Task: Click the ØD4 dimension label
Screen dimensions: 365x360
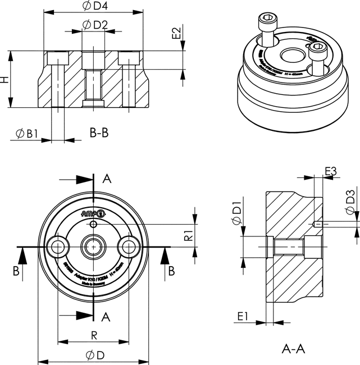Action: pos(94,7)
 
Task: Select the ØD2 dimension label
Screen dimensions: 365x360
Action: pos(94,25)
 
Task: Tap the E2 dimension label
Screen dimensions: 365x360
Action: pos(176,33)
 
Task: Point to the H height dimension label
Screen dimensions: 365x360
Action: pos(6,79)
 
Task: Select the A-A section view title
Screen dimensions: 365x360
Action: pos(293,349)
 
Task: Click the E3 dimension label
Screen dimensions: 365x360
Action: pos(330,170)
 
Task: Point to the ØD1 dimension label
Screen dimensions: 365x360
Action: pos(236,214)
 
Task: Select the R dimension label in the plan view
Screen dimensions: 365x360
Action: pos(94,335)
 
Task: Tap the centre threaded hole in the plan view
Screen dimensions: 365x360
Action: pos(92,245)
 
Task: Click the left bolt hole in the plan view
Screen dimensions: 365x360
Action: pos(57,245)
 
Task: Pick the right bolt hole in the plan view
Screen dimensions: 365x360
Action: pos(129,245)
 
